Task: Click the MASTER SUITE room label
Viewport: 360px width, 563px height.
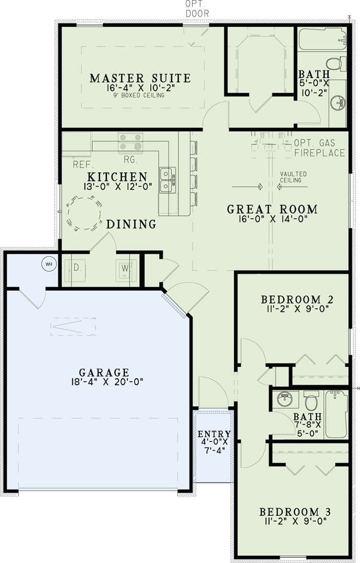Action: pos(140,78)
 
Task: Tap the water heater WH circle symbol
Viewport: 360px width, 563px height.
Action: pos(49,265)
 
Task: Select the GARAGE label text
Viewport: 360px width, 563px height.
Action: pos(104,372)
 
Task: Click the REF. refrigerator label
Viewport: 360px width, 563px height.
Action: pos(82,165)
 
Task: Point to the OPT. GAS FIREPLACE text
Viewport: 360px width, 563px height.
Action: pos(319,148)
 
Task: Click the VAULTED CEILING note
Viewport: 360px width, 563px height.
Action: pos(294,178)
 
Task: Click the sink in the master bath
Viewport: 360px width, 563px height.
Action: pos(338,103)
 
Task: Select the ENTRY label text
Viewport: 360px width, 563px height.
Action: pos(214,434)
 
